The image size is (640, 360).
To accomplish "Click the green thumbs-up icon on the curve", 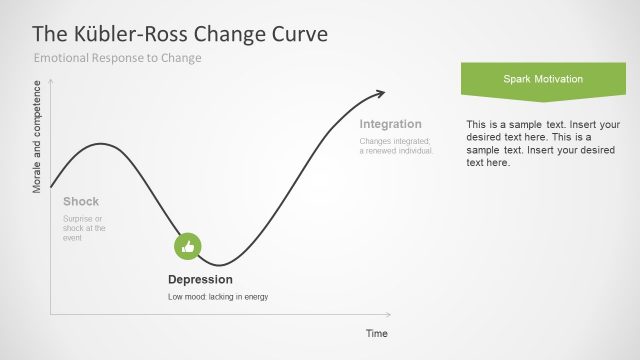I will (188, 246).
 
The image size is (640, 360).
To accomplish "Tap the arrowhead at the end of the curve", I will (380, 94).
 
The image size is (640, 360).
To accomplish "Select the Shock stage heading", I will (81, 201).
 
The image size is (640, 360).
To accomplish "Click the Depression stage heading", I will (200, 279).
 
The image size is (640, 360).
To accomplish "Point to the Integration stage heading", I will (390, 124).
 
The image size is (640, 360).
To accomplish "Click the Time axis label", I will (376, 333).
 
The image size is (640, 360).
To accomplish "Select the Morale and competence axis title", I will (38, 138).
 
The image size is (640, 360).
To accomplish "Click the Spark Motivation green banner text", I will (544, 78).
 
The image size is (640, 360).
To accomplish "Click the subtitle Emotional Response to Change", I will (118, 58).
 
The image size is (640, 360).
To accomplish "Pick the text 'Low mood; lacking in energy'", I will (218, 297).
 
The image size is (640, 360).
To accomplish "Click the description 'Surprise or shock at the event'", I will (84, 228).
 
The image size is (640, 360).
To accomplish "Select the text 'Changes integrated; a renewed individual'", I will (396, 146).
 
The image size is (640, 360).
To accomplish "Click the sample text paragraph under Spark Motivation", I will (541, 143).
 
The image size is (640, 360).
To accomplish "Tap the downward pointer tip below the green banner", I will (544, 102).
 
